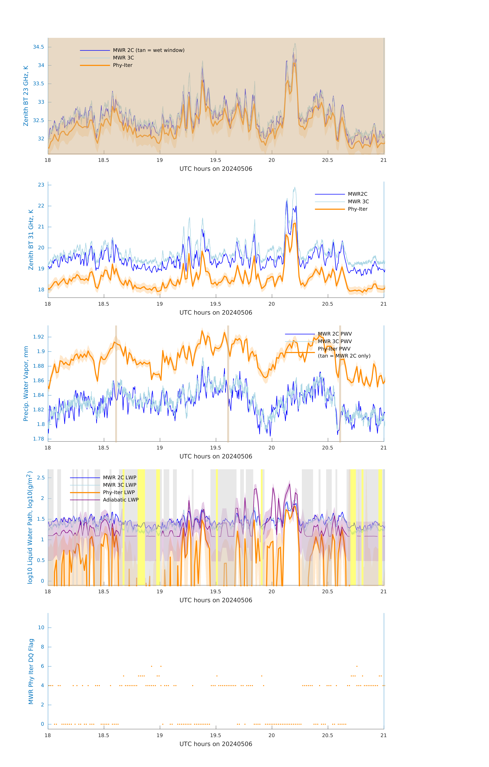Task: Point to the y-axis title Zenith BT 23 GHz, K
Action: coord(26,96)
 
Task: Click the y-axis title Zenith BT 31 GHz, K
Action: coord(31,240)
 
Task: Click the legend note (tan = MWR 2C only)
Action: coord(344,356)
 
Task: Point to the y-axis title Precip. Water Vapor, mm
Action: coord(26,383)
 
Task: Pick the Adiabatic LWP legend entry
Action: coord(121,500)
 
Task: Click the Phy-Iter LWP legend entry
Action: coord(119,492)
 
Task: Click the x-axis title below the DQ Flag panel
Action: coord(216,744)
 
